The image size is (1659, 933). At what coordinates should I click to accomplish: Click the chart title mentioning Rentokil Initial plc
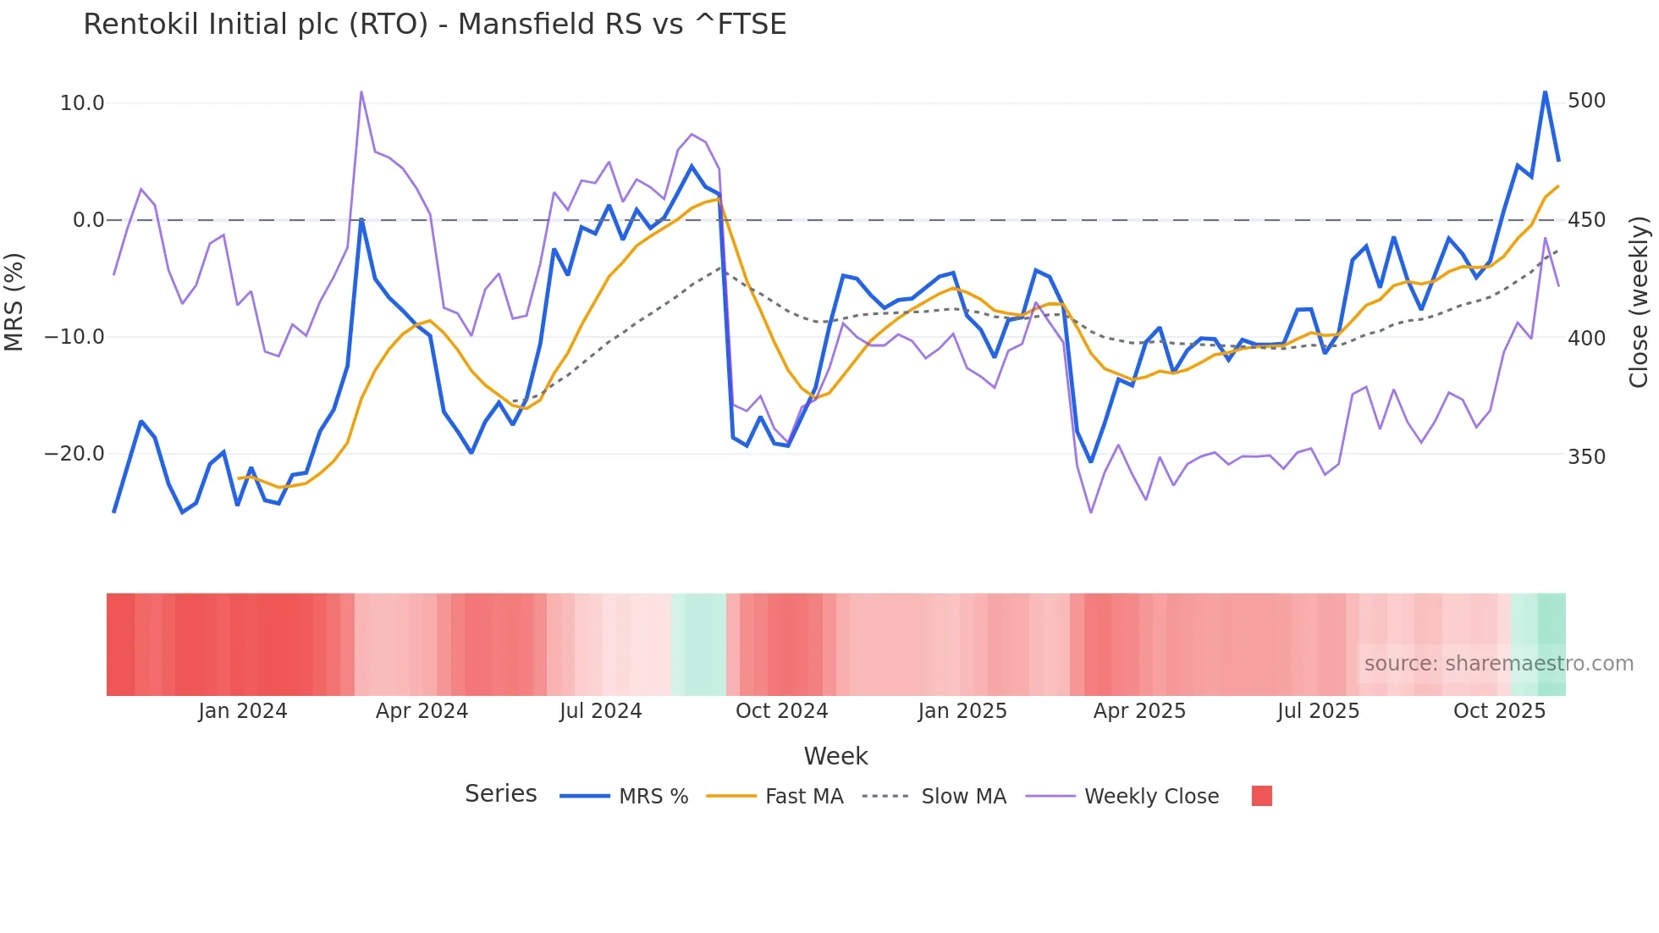click(x=434, y=24)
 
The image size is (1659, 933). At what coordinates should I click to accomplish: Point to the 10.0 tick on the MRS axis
click(x=81, y=103)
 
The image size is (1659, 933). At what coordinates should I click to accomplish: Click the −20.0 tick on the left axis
click(x=74, y=454)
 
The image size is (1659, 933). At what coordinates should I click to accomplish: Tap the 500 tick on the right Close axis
click(x=1586, y=101)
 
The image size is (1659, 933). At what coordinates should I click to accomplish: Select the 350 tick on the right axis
click(x=1586, y=457)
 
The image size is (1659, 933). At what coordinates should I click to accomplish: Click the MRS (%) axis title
click(x=14, y=301)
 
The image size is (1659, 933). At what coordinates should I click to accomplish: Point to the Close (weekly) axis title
click(x=1639, y=301)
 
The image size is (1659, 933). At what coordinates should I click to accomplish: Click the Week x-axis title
click(x=835, y=756)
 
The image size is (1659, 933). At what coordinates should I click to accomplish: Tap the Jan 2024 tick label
click(x=243, y=711)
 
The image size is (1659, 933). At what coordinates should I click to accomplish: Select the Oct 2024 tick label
click(x=781, y=711)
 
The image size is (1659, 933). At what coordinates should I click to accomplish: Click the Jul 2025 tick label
click(x=1318, y=711)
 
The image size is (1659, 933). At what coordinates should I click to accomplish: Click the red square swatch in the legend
click(x=1261, y=796)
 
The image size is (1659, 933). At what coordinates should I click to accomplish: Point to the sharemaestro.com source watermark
click(x=1498, y=664)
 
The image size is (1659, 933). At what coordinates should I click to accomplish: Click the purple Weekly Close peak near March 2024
click(x=361, y=92)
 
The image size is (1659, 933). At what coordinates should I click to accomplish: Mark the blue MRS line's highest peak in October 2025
click(x=1545, y=91)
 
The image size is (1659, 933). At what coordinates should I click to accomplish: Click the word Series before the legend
click(x=500, y=794)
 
